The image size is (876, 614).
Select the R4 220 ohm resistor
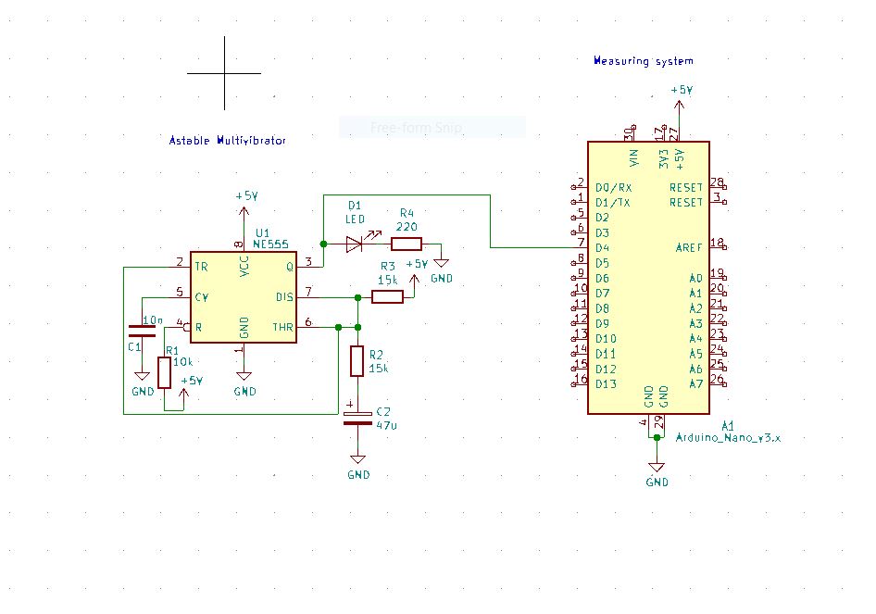point(407,244)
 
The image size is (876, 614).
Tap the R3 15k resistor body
point(387,297)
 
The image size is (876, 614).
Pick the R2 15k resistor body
point(357,361)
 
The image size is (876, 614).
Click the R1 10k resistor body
point(164,372)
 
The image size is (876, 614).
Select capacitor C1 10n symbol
point(142,331)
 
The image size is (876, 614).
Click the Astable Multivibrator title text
point(227,141)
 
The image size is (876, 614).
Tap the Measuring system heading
point(643,61)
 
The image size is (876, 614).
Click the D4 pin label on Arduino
point(602,248)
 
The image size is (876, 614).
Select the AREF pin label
point(689,247)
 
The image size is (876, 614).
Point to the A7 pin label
point(695,383)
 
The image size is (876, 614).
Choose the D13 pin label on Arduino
point(606,383)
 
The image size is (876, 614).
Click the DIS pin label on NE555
point(284,297)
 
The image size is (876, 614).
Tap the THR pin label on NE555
point(282,327)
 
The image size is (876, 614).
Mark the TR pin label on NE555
point(201,267)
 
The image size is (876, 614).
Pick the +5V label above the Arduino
point(682,90)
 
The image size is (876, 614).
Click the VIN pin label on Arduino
point(634,157)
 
